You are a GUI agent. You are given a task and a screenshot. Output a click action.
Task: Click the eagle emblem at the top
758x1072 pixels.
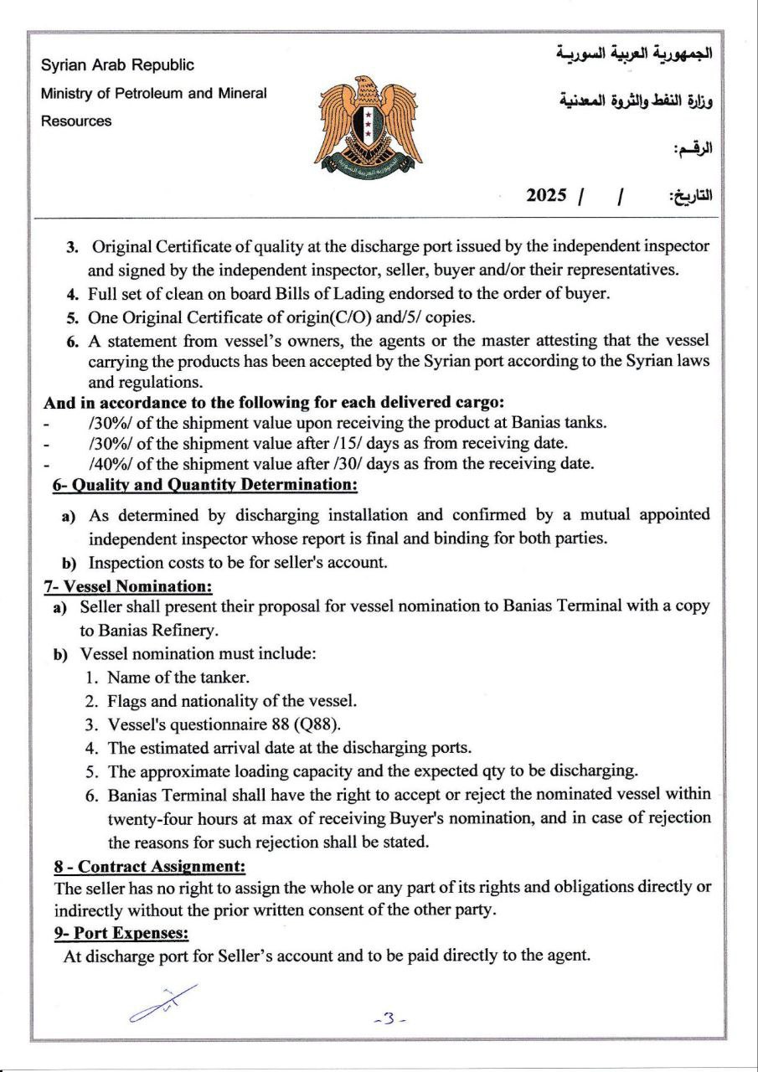coord(367,122)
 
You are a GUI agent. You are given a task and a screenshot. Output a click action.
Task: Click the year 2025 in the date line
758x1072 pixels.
coord(547,195)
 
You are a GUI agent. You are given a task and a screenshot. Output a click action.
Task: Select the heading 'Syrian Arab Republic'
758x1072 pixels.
coord(117,64)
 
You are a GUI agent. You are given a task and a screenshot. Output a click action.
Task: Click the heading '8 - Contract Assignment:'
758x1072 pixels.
coord(150,866)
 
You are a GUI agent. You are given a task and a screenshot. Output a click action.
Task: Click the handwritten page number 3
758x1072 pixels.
coord(389,1019)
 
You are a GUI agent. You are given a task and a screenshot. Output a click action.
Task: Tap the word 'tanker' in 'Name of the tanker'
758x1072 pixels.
coord(227,677)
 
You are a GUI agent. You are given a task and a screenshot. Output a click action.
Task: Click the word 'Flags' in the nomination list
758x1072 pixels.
coord(126,700)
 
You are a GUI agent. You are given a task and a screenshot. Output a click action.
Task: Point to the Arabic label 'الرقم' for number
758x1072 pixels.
coord(694,150)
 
